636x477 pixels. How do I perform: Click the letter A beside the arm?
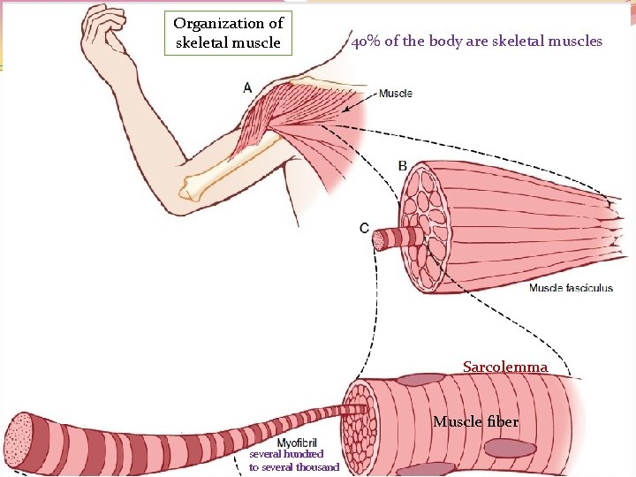click(x=246, y=87)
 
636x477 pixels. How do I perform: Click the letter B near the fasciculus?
click(x=403, y=165)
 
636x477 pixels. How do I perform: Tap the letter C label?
click(x=364, y=228)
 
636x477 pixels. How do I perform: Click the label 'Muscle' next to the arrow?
click(x=395, y=94)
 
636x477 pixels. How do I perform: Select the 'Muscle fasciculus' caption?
click(x=571, y=288)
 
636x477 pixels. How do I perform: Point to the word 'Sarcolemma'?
click(x=505, y=367)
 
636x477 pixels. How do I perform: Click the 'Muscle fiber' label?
click(x=475, y=422)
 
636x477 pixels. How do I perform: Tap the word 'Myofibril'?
click(x=298, y=443)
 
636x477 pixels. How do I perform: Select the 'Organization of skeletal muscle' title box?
click(x=228, y=34)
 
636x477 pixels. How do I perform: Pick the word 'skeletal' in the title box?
click(x=204, y=42)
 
